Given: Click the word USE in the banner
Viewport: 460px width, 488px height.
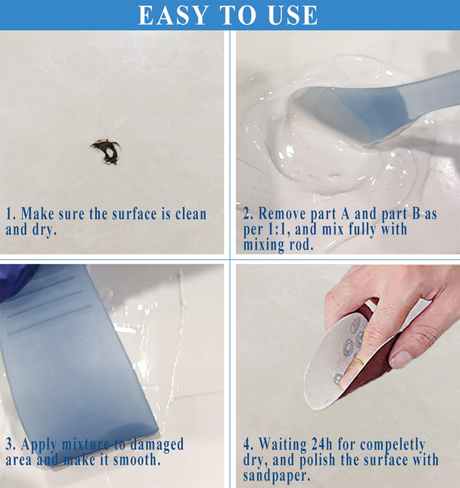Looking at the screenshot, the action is [293, 15].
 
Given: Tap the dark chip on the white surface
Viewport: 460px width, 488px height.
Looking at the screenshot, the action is [106, 151].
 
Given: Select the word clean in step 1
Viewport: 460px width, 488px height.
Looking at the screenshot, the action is [190, 214].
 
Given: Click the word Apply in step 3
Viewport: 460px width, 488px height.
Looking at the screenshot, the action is [39, 445].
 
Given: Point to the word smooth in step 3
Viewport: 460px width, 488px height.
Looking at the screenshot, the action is [137, 460].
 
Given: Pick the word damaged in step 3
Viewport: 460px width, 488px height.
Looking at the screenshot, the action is [157, 445].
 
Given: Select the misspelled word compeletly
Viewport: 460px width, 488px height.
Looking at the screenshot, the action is [392, 445].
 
